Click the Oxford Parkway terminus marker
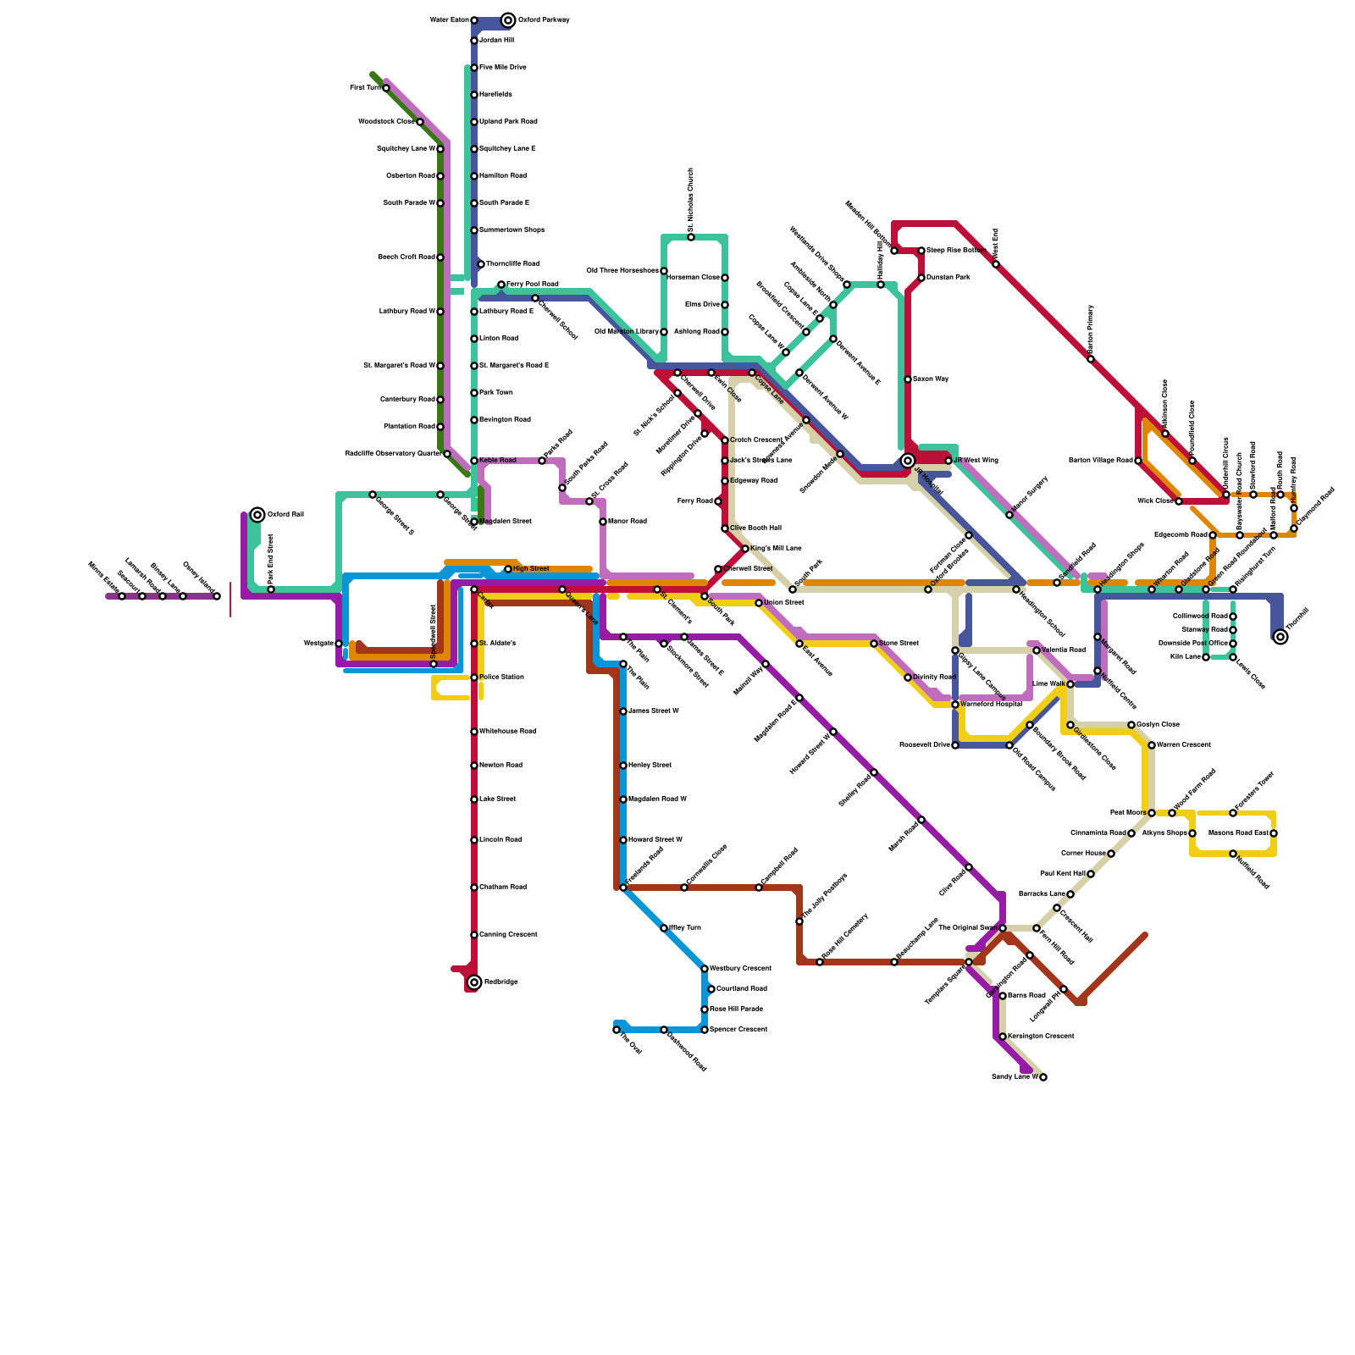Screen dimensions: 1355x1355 tap(508, 20)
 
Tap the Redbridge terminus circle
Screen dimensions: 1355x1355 tap(474, 982)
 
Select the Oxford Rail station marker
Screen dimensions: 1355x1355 tap(257, 515)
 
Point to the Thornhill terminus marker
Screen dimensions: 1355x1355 tap(1280, 637)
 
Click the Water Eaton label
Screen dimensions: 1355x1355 tap(449, 20)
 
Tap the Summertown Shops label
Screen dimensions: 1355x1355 tap(512, 230)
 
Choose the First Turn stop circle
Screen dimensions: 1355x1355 tap(386, 88)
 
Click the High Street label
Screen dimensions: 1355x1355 tap(531, 569)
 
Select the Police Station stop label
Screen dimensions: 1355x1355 tap(501, 677)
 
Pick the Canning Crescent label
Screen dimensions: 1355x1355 tap(508, 935)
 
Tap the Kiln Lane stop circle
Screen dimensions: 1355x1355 tap(1206, 657)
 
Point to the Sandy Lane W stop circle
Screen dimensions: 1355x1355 tap(1043, 1077)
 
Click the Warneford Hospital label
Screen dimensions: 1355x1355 tap(991, 705)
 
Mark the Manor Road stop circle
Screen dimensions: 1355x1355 tap(603, 522)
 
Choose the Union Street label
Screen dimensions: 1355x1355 tap(784, 603)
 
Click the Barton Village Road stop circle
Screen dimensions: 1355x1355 tap(1138, 461)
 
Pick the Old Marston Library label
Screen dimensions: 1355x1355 tap(626, 332)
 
